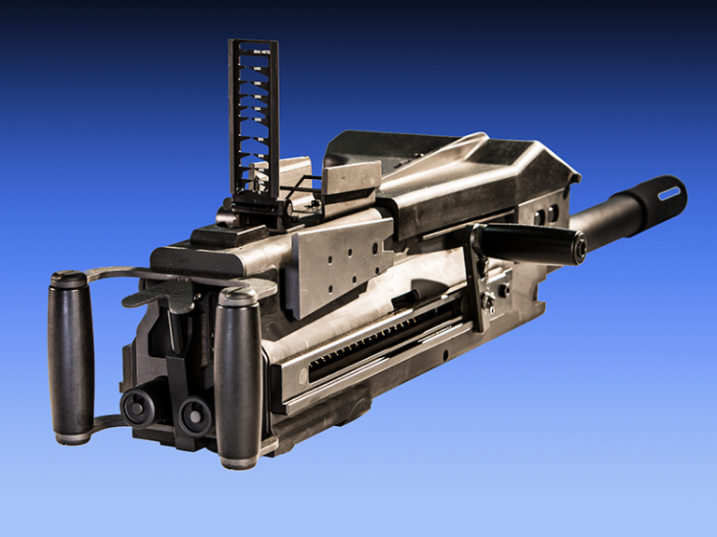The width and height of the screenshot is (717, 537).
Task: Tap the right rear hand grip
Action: (238, 378)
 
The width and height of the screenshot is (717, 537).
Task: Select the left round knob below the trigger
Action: (138, 407)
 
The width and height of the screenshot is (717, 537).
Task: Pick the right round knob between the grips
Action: (194, 414)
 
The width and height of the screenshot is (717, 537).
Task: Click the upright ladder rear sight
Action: (254, 117)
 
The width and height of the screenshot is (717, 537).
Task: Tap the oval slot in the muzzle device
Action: (668, 193)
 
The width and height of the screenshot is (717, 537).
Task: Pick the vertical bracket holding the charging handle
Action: (478, 280)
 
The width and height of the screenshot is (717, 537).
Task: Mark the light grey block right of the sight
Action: (351, 179)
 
